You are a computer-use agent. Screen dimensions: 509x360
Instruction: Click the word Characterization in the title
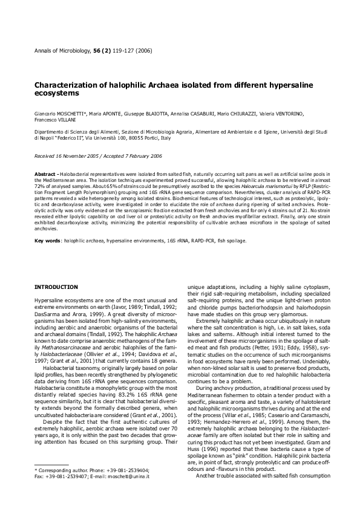[x=67, y=86]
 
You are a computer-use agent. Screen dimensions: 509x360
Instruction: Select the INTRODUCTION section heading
[x=56, y=286]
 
